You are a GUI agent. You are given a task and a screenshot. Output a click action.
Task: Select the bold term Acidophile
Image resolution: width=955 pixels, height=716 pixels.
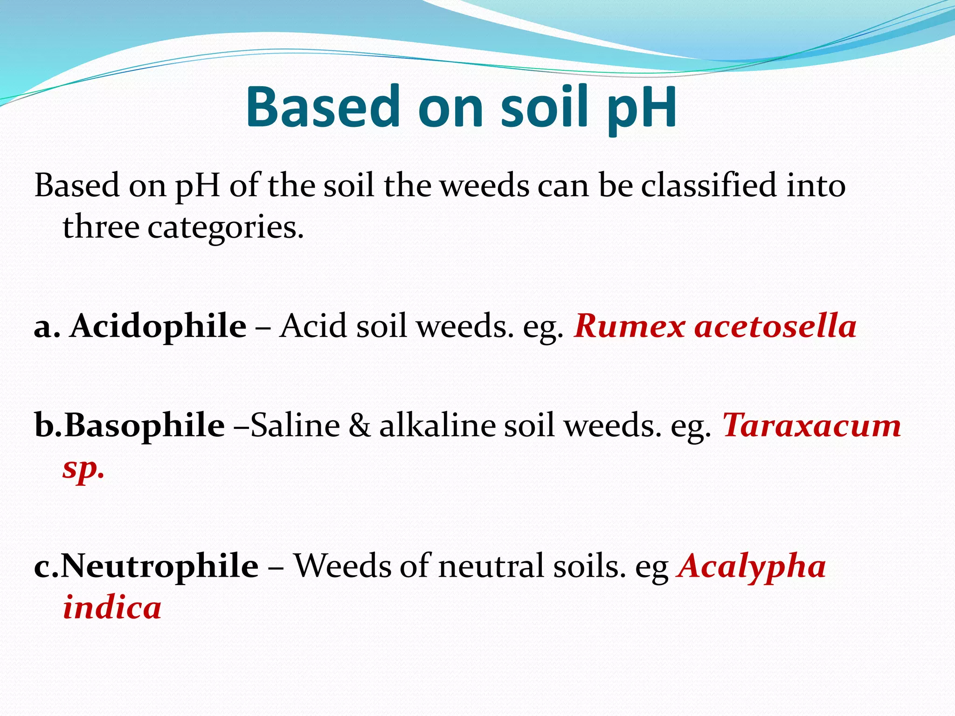(x=158, y=325)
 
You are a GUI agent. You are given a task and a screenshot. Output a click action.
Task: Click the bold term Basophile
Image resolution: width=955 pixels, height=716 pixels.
(x=144, y=425)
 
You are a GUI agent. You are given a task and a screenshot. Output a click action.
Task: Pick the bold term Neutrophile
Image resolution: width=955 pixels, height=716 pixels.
(x=159, y=565)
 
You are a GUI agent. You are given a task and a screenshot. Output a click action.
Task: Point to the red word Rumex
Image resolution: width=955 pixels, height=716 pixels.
(x=630, y=325)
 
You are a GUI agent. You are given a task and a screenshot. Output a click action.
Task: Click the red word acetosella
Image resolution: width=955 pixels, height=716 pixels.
(x=775, y=325)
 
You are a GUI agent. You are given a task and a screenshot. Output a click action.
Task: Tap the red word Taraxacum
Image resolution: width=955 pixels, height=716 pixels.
(x=812, y=425)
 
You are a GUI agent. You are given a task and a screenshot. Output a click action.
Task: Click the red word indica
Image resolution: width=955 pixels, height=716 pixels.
(x=112, y=608)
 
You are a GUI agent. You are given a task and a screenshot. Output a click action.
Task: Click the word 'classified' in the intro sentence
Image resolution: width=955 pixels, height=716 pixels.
(x=709, y=186)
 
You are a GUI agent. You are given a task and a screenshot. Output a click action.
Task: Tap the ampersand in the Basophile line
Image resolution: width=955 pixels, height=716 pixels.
(x=360, y=425)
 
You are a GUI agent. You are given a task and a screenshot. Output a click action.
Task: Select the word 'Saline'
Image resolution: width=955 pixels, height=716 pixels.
(x=295, y=425)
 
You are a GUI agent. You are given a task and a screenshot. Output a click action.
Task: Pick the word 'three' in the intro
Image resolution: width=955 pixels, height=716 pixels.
(x=101, y=227)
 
